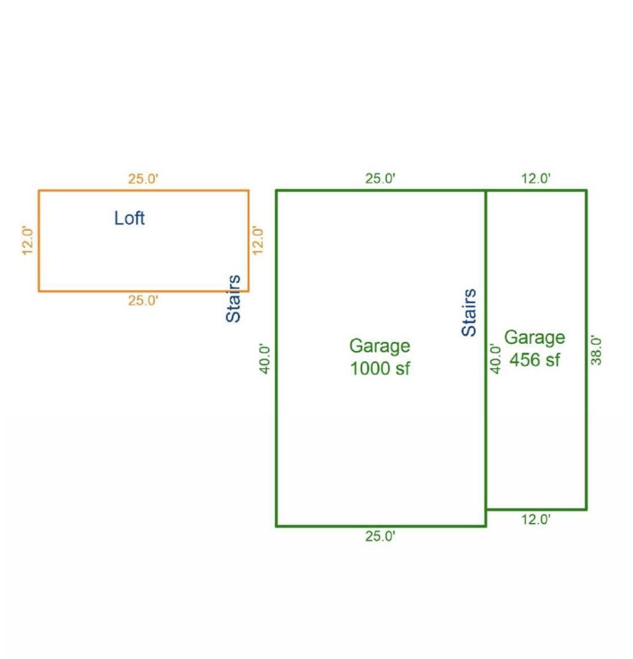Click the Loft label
130,218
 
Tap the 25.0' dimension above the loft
143,179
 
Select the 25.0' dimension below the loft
143,300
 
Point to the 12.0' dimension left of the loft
28,241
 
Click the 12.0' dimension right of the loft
257,240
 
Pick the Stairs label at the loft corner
234,299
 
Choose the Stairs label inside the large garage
468,312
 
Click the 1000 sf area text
380,368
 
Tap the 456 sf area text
535,360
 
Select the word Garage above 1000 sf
380,346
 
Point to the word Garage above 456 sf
535,338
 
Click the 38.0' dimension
596,350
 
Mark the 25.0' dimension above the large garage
380,179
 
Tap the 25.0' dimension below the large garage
380,536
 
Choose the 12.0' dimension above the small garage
536,179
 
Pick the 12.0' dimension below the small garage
536,519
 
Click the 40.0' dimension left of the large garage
265,359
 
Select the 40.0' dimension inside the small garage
495,359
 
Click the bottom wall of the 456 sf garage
536,509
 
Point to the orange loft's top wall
144,190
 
